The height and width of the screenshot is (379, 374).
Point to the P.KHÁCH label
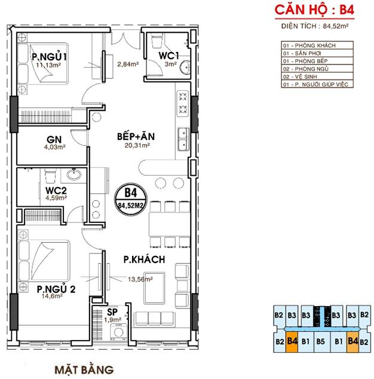pyautogui.click(x=144, y=259)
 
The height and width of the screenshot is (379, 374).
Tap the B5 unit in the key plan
pyautogui.click(x=321, y=342)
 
